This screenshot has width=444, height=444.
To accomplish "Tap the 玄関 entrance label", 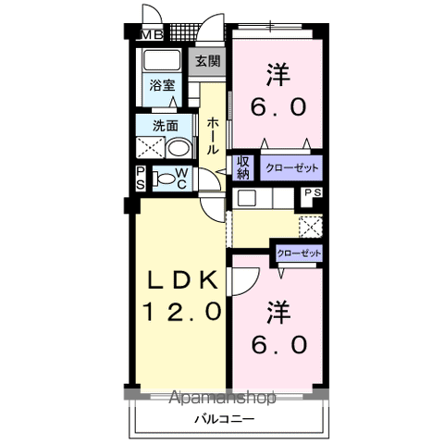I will click(208, 63).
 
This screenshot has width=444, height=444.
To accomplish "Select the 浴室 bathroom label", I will click(163, 86).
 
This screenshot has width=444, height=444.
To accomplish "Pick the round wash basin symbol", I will click(177, 147).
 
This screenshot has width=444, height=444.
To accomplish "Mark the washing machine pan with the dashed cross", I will click(149, 147).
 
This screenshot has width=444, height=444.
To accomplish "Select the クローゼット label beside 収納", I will click(290, 168).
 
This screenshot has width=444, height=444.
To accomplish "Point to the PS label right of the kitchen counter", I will click(311, 194).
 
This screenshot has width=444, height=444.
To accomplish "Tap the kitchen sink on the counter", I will click(247, 197).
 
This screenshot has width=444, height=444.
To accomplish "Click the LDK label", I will click(182, 281).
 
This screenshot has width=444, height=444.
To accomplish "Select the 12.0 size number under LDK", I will click(182, 313).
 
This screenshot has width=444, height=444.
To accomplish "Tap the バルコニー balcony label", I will click(218, 419).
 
